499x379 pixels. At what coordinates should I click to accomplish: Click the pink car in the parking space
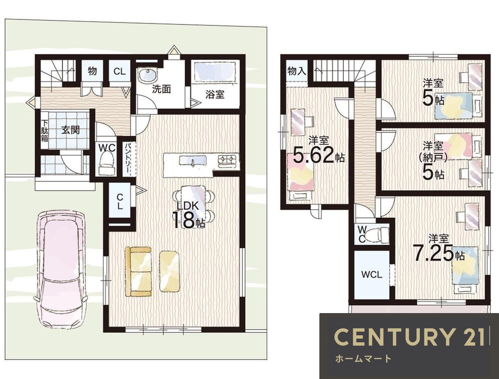point(60,269)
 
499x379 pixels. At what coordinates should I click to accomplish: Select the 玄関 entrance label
point(70,130)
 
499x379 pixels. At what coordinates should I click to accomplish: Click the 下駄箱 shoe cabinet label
point(44,130)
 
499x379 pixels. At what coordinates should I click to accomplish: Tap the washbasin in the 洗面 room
point(147,75)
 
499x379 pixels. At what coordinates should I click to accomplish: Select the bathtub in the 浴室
point(215,72)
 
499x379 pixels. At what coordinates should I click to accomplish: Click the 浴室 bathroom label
point(215,94)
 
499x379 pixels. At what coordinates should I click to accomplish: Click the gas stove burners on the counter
point(228,159)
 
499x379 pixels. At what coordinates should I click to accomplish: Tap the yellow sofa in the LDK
point(139,271)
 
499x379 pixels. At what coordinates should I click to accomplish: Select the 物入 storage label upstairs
point(296,71)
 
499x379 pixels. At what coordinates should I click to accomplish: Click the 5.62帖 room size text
point(318,155)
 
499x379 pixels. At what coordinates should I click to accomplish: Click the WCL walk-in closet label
point(372,274)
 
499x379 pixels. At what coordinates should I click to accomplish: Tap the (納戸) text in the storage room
point(433,157)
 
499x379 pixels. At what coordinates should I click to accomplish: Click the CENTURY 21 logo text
point(410,337)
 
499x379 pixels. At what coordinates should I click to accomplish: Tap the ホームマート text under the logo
point(363,359)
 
